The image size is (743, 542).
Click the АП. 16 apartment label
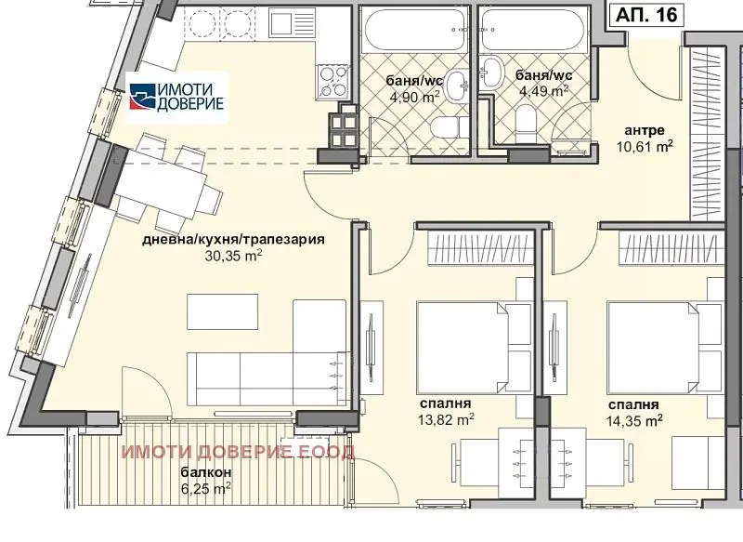point(646,15)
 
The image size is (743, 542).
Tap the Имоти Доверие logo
point(176,97)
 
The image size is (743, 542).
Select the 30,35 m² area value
point(234,256)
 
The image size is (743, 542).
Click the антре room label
point(645,130)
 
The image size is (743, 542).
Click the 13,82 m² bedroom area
point(446,419)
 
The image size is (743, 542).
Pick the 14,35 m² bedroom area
point(634,420)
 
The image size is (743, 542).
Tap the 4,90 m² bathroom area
point(414,98)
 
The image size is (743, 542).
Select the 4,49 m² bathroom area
point(543,90)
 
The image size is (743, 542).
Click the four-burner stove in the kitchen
point(333,82)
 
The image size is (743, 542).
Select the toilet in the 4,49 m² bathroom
point(525,123)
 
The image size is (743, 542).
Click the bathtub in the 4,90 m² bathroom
point(414,29)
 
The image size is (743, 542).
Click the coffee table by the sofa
point(223,311)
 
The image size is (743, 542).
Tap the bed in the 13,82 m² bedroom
point(474,347)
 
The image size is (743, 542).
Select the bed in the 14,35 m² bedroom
point(665,348)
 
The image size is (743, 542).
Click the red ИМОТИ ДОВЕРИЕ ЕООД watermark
point(238,453)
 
